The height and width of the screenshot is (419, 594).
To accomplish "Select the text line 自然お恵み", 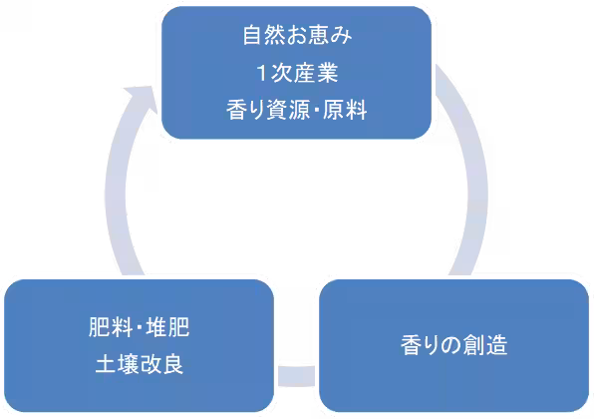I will click(296, 38).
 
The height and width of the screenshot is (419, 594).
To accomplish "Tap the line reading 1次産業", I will click(296, 74).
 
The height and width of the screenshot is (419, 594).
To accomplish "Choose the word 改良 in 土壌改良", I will click(158, 365).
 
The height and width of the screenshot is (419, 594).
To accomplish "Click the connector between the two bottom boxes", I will click(297, 377).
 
